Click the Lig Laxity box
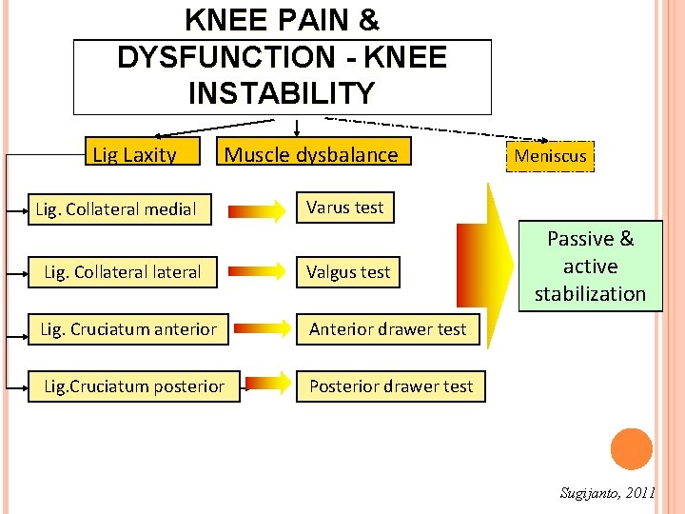pyautogui.click(x=134, y=153)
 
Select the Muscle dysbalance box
pyautogui.click(x=311, y=153)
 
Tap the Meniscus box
pyautogui.click(x=551, y=155)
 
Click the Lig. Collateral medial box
pyautogui.click(x=116, y=208)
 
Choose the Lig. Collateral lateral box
pyautogui.click(x=123, y=272)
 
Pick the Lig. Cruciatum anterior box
pyautogui.click(x=128, y=329)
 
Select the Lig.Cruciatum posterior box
pyautogui.click(x=134, y=386)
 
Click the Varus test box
pyautogui.click(x=344, y=208)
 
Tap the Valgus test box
pyautogui.click(x=348, y=272)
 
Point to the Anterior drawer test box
pyautogui.click(x=388, y=329)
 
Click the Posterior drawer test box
pyautogui.click(x=391, y=386)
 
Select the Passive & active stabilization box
pyautogui.click(x=590, y=267)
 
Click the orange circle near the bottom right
pyautogui.click(x=632, y=449)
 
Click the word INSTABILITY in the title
pyautogui.click(x=282, y=93)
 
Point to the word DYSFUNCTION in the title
pyautogui.click(x=226, y=57)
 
